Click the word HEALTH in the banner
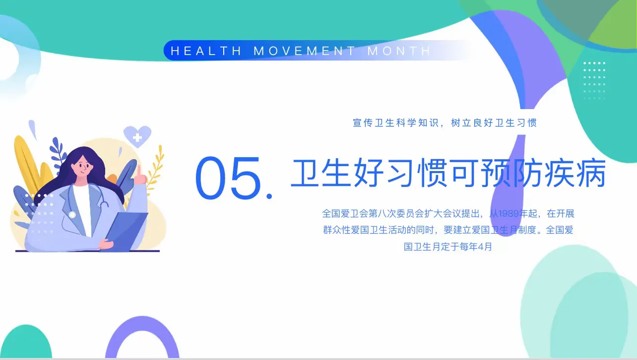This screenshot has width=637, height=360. tap(206, 51)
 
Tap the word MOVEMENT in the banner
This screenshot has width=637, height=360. tap(304, 51)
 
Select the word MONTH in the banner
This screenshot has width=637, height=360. tap(399, 51)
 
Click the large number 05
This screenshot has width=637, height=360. tap(228, 178)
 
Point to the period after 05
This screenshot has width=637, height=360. tap(269, 195)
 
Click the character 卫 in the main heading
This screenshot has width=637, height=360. tap(304, 173)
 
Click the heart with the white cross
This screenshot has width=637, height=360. tap(137, 136)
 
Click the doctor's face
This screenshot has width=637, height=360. tap(82, 167)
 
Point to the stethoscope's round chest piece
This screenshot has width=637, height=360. tap(72, 215)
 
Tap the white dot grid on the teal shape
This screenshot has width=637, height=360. tap(594, 81)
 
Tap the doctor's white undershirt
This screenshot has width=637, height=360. tap(83, 209)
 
